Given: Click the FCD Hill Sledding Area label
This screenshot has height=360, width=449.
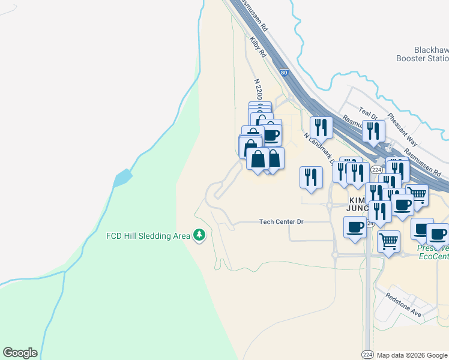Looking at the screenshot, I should pyautogui.click(x=148, y=236).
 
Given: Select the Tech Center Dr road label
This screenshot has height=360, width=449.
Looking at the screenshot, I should pyautogui.click(x=282, y=222).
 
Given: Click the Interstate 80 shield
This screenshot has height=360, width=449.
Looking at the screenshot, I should pyautogui.click(x=284, y=73).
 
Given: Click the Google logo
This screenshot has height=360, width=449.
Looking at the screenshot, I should pyautogui.click(x=20, y=353).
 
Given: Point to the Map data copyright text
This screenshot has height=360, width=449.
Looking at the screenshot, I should pyautogui.click(x=412, y=355).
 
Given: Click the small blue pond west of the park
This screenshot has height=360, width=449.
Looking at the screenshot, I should pyautogui.click(x=122, y=178).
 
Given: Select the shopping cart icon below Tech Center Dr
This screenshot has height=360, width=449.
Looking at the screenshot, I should pyautogui.click(x=389, y=241).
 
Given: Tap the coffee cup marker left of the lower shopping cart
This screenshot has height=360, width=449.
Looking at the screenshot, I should pyautogui.click(x=355, y=227).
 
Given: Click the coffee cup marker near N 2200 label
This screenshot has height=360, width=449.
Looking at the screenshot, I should pyautogui.click(x=271, y=134).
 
